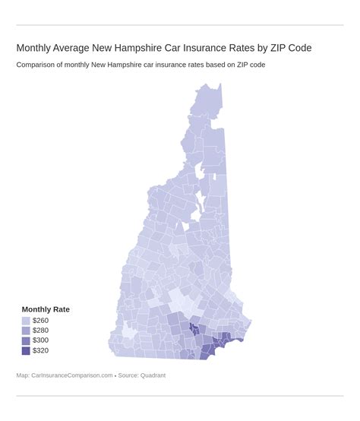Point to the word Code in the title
coord(297,48)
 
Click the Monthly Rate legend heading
coord(46,309)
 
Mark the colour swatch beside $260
coord(27,321)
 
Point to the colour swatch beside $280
coord(27,331)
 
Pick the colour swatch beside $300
coord(27,340)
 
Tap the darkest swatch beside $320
coord(27,350)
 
